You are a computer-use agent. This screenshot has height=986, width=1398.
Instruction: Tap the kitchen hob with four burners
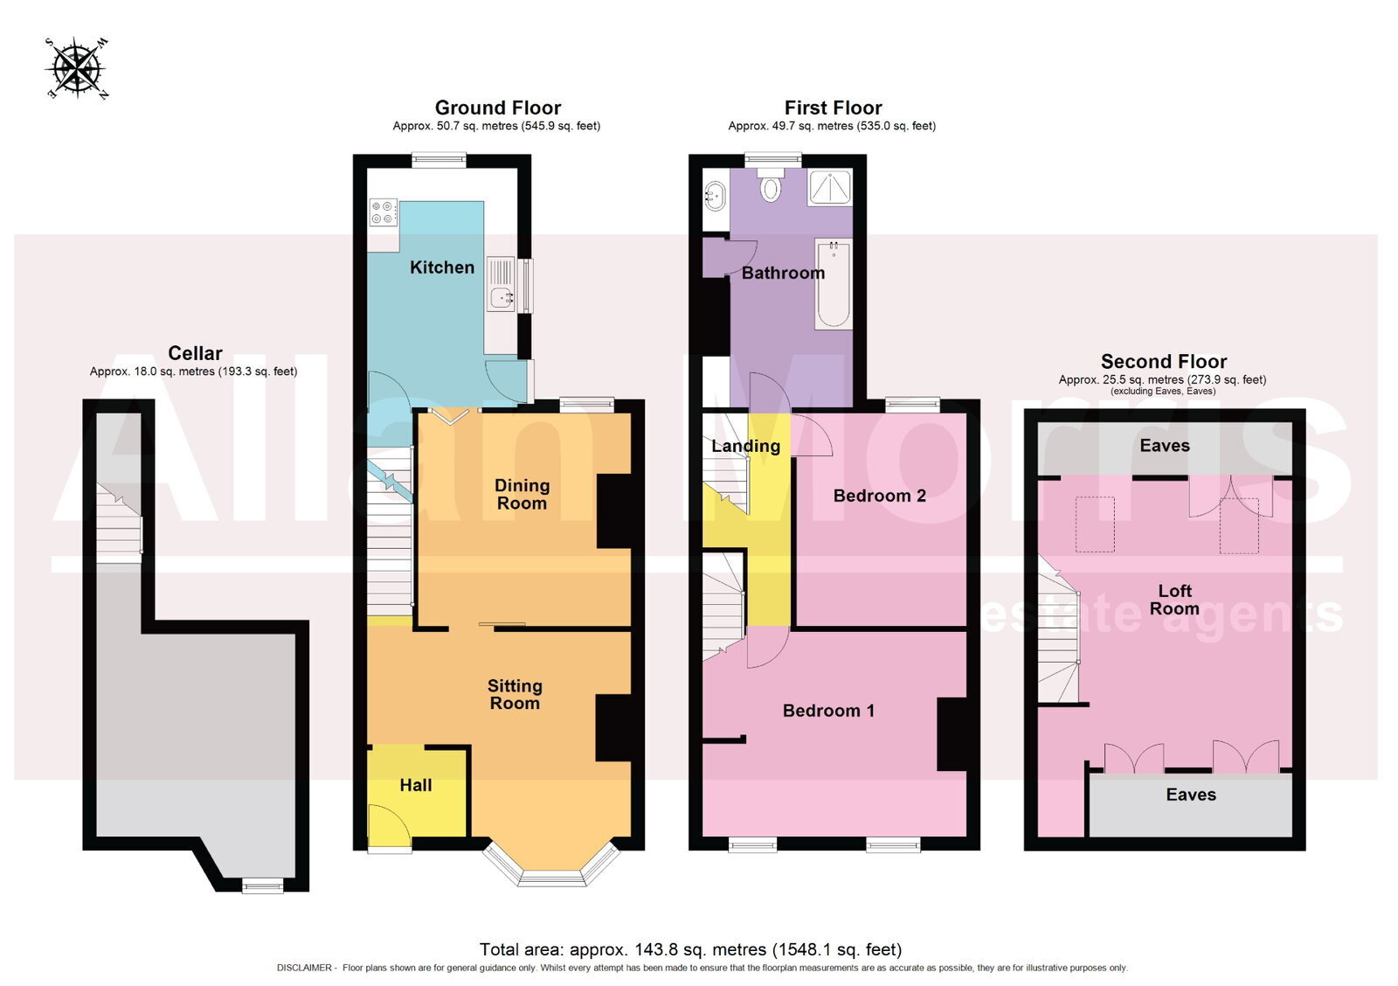[384, 211]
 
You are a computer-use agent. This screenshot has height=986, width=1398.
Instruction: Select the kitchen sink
[502, 297]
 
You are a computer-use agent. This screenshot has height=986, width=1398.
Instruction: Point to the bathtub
[833, 283]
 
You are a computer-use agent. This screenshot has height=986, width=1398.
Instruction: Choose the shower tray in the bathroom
[830, 187]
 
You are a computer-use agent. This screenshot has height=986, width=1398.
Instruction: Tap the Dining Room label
[522, 494]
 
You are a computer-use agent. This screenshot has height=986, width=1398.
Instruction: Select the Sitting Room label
[515, 694]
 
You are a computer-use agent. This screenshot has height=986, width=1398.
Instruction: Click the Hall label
[416, 784]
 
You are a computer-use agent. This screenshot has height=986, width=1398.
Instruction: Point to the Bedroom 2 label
[879, 496]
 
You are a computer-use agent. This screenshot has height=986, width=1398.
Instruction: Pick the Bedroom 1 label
[828, 710]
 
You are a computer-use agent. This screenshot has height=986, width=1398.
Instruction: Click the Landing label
[746, 446]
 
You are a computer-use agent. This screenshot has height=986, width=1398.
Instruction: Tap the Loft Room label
[1174, 599]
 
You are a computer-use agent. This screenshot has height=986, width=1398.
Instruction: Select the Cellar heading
[196, 353]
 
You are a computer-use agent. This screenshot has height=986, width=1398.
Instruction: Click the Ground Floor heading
[497, 108]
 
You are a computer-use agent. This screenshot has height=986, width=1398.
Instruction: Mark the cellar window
[262, 885]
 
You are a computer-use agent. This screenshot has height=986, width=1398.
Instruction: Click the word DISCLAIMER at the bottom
[305, 968]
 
